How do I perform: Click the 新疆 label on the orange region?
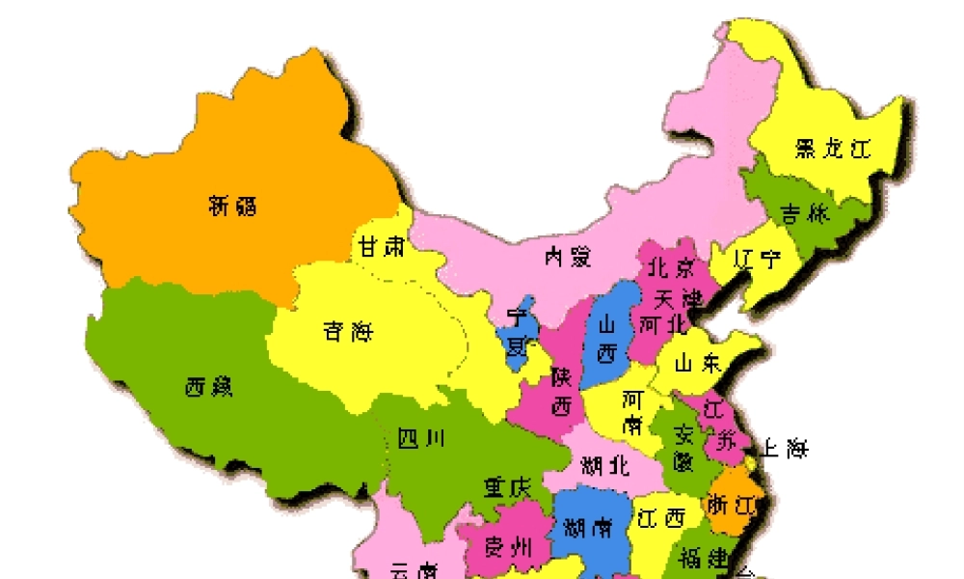click(x=233, y=205)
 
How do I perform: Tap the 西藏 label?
click(x=209, y=388)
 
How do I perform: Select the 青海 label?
click(x=348, y=333)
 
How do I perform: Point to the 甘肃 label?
click(x=382, y=248)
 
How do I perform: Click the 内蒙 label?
click(x=567, y=257)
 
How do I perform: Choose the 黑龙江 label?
click(x=833, y=149)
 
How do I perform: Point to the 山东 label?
click(x=697, y=364)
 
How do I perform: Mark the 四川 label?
click(x=421, y=440)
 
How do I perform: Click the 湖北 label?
click(x=605, y=467)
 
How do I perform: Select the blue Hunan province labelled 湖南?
click(x=587, y=527)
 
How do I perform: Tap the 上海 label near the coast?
click(x=785, y=449)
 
